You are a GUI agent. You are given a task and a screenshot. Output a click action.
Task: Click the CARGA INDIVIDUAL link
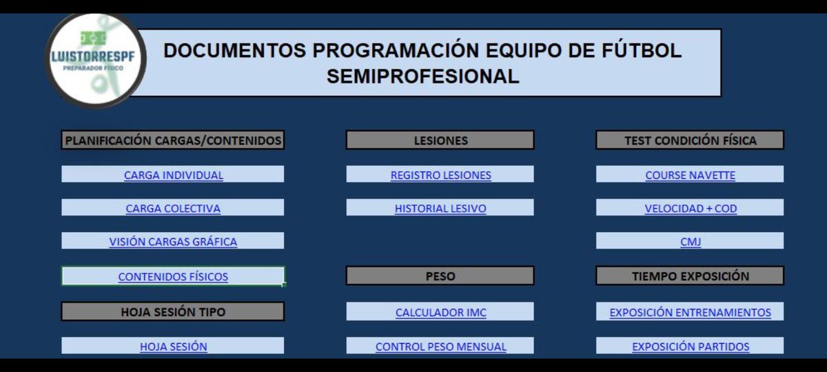click(174, 175)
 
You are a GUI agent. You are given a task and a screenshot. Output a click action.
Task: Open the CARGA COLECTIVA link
click(173, 208)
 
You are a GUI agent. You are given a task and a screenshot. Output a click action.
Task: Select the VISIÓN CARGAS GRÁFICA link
click(173, 242)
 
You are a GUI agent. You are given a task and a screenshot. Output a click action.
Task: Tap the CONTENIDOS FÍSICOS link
click(173, 277)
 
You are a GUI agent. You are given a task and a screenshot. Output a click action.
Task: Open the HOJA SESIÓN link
click(173, 347)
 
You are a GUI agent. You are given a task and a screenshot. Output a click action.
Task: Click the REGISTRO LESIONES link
click(440, 175)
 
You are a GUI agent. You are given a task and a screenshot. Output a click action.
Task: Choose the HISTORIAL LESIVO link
click(440, 208)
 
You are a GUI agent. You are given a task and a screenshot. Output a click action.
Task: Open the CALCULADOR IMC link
click(440, 312)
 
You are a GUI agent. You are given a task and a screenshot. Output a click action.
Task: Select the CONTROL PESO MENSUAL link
click(440, 347)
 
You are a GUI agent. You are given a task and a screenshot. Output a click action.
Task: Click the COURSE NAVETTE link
click(690, 175)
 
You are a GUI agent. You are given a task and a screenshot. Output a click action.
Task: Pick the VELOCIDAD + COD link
click(691, 208)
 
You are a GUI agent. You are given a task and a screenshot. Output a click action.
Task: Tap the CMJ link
click(690, 242)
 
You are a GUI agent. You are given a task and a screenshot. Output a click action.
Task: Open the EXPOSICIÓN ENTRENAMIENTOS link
click(690, 312)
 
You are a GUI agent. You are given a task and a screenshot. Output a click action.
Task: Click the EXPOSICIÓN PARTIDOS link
click(691, 347)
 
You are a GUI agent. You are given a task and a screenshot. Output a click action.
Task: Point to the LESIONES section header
click(440, 141)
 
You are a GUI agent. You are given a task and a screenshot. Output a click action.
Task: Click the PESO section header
click(440, 276)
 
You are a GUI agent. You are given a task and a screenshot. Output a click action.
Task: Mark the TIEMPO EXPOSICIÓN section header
click(690, 276)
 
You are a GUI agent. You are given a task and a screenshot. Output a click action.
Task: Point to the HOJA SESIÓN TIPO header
click(173, 312)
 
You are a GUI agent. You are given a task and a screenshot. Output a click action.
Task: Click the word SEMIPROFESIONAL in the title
click(422, 76)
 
